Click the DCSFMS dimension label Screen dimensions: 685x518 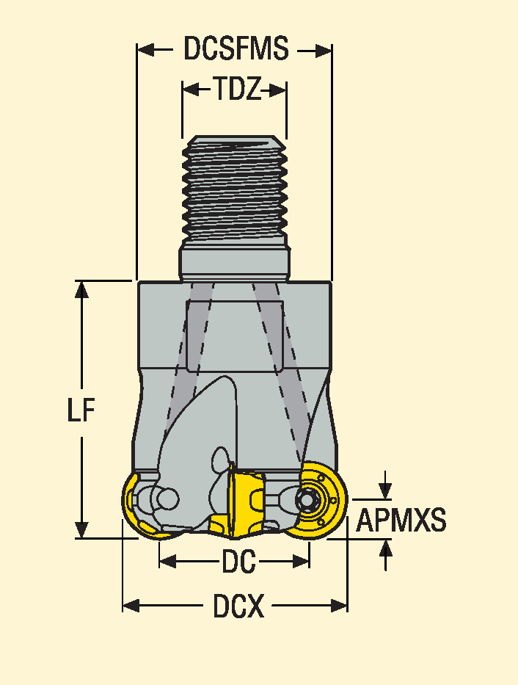coord(236,50)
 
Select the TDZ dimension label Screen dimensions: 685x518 coord(235,90)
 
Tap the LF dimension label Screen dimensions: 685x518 coord(81,411)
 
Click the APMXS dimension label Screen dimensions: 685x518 coord(401,521)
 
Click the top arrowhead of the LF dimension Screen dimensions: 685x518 coord(82,289)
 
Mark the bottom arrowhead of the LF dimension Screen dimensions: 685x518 coord(82,529)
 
